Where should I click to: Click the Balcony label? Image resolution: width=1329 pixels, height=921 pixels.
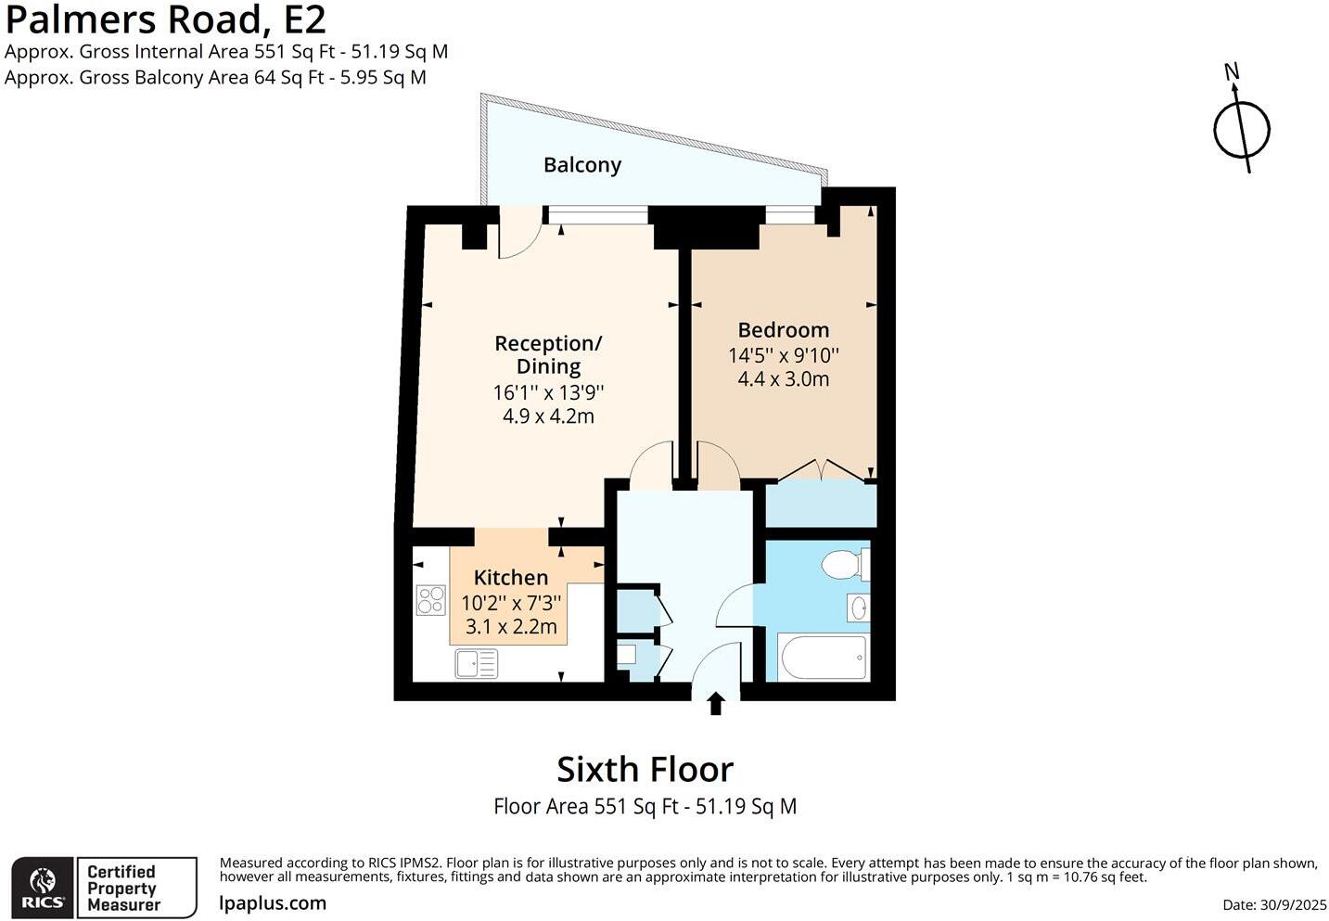point(581,165)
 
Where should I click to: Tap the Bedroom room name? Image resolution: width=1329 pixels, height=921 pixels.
point(783,330)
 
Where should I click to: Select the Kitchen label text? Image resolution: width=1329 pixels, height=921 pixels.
point(510,577)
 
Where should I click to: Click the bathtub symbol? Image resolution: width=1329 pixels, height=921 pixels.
point(824,658)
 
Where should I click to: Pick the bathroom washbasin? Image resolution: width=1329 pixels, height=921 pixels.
point(858,608)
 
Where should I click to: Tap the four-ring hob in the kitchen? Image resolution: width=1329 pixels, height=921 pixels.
point(430,600)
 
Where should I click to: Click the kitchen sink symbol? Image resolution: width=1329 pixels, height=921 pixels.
point(476,663)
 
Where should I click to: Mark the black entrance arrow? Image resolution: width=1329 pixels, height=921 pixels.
point(715,704)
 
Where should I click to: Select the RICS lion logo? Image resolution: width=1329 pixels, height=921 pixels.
point(43,888)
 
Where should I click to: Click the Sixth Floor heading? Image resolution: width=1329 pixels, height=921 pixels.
point(645,769)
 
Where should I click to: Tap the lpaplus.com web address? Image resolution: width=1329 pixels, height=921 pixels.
point(273,903)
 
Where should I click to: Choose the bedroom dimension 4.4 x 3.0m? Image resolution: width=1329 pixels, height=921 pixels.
point(783,379)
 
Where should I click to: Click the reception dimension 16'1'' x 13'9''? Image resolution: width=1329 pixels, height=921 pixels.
point(548,392)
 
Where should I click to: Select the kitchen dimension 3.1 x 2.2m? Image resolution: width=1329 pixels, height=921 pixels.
point(510,627)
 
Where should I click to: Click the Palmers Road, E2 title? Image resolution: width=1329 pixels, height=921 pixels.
point(166,19)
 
